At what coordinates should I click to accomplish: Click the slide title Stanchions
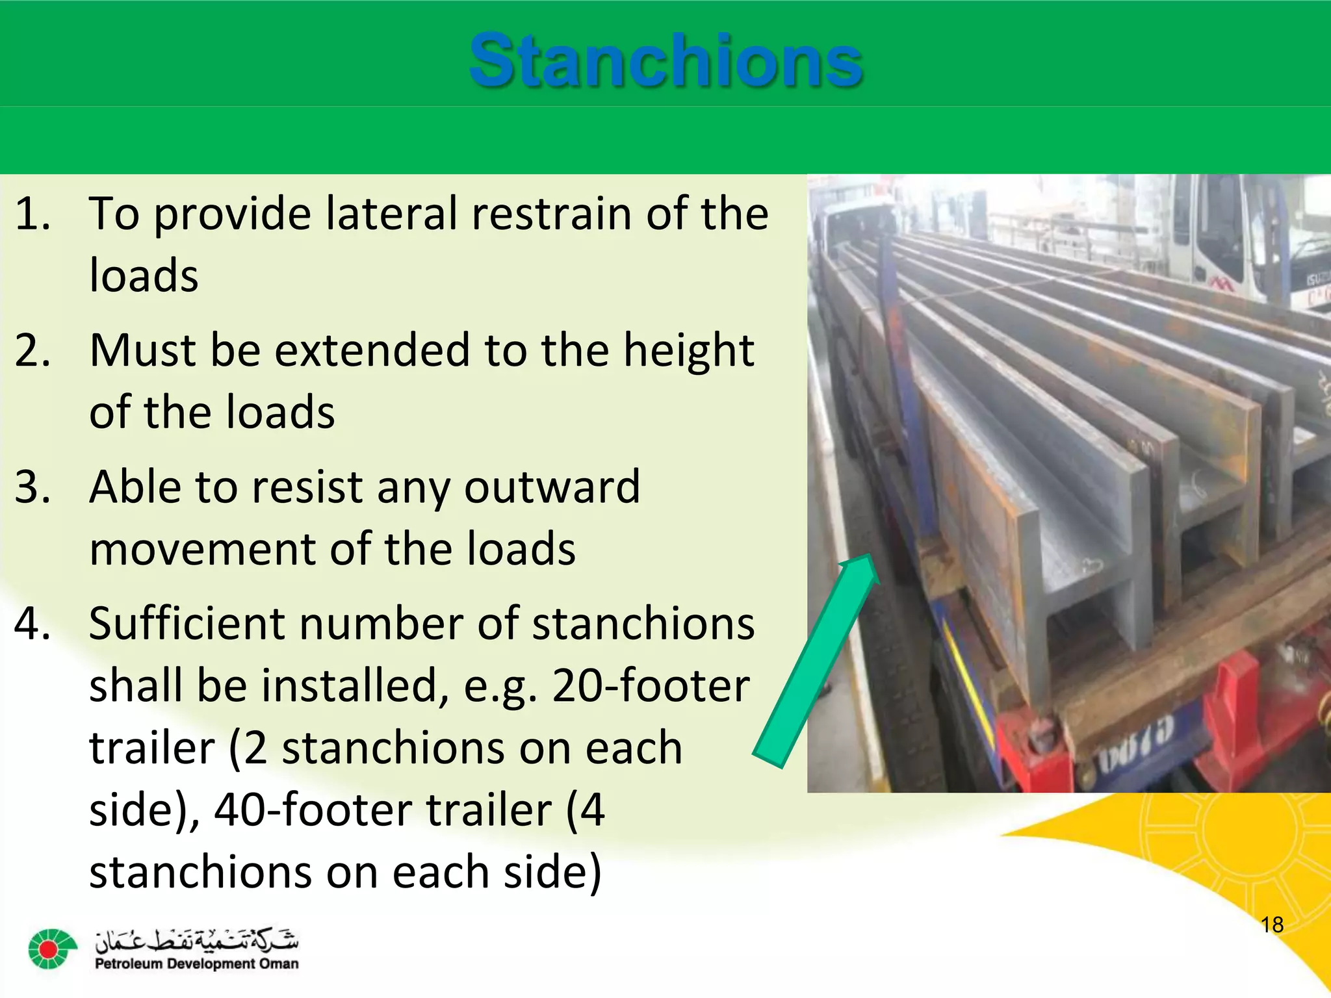click(x=665, y=62)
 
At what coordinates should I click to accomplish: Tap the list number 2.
click(x=32, y=351)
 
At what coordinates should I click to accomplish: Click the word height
click(x=688, y=352)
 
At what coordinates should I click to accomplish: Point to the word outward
click(x=552, y=487)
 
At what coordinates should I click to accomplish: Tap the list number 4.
click(x=32, y=624)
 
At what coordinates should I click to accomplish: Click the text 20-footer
click(x=651, y=686)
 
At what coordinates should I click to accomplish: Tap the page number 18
click(x=1271, y=925)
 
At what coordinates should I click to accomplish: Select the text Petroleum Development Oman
click(x=196, y=964)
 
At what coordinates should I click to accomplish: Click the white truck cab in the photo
click(x=1235, y=240)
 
